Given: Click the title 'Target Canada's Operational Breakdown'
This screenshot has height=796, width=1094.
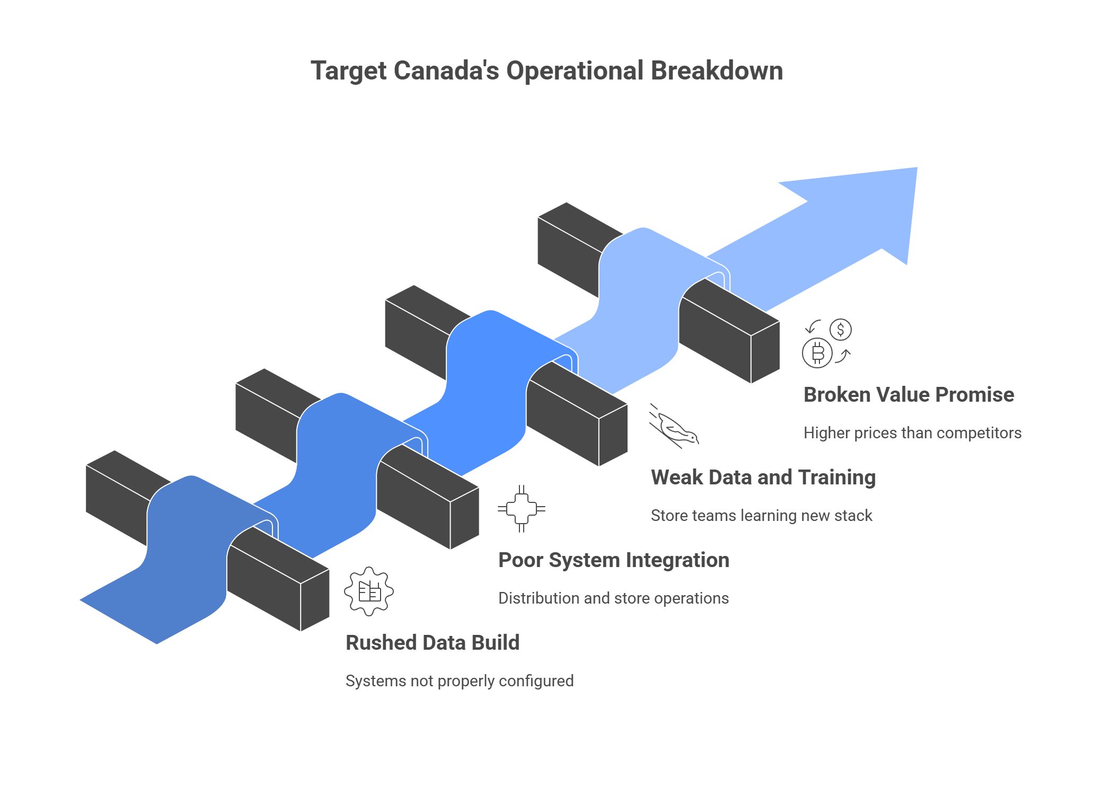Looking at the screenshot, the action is pos(546,71).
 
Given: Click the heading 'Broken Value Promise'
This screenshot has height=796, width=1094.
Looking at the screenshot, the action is pos(908,395).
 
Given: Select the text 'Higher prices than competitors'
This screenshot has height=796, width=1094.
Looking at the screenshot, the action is pos(912,433).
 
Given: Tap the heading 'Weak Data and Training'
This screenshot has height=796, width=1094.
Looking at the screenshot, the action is pos(763,477).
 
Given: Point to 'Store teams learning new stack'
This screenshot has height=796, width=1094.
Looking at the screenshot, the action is pos(761,516).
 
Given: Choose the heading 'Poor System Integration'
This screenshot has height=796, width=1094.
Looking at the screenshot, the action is pos(614,560).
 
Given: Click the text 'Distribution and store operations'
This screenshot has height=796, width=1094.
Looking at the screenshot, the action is pos(613,598).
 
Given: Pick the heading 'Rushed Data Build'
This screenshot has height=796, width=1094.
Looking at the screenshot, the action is pos(433,643).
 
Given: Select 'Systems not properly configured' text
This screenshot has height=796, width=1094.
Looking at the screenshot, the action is pos(460,681).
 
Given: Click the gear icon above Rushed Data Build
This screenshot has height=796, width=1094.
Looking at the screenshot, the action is pos(369,591).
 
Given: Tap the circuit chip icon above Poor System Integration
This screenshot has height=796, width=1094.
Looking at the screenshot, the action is pos(522,509).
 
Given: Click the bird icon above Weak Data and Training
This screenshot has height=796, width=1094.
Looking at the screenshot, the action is pos(674,426).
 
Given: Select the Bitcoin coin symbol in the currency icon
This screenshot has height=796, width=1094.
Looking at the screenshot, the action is pos(817,353).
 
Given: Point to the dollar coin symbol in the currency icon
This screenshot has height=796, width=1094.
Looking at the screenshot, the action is pos(841,330).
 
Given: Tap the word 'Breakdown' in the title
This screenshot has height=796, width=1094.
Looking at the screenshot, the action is pos(717,71).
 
